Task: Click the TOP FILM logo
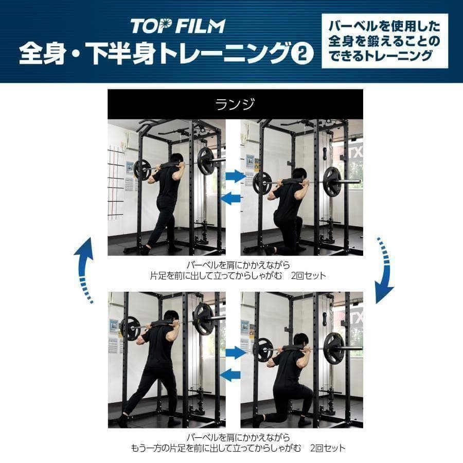(x=177, y=26)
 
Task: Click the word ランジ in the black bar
(x=235, y=104)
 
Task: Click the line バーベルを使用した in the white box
(x=384, y=26)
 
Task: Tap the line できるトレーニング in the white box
(x=384, y=56)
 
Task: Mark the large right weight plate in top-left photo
(x=206, y=161)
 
